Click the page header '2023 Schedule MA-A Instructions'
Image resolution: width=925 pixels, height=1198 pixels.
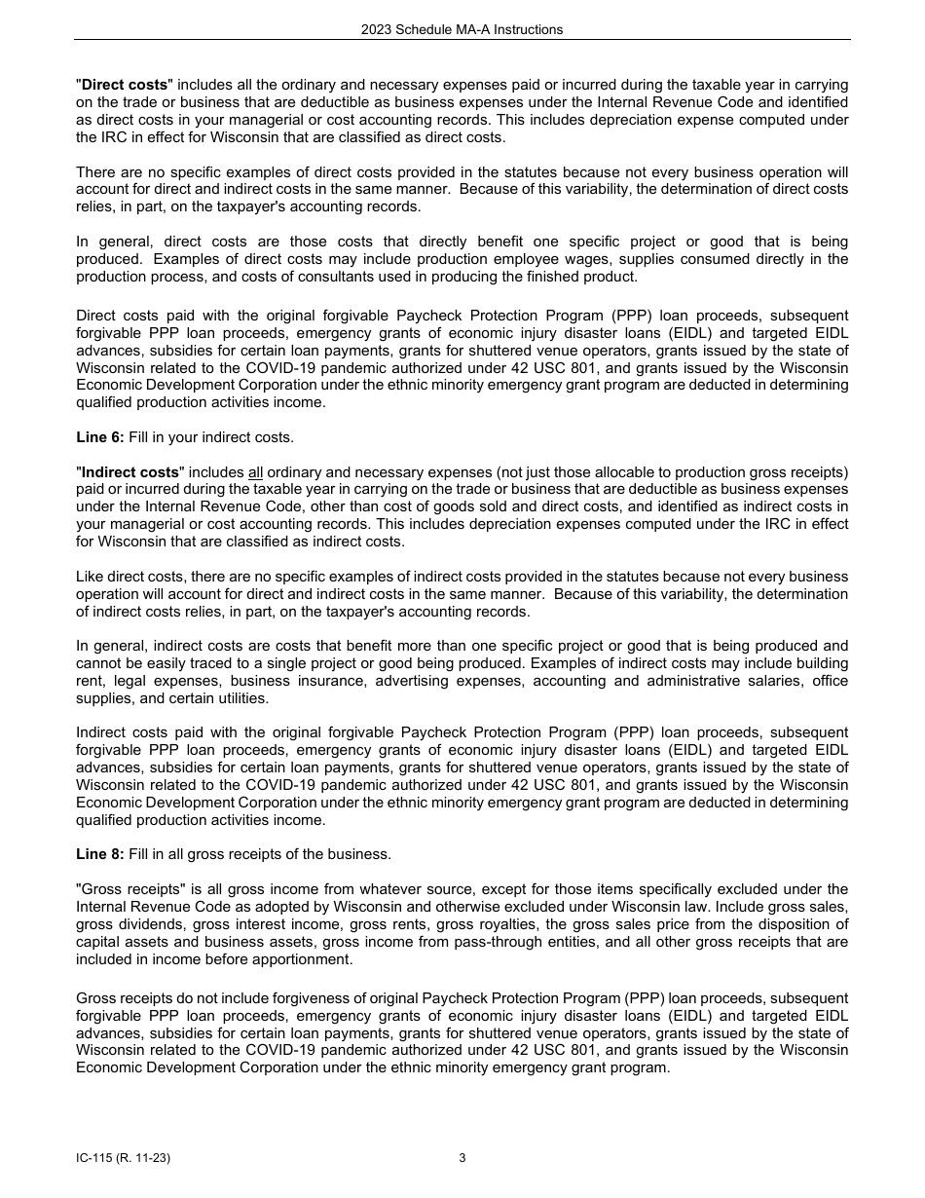(x=462, y=29)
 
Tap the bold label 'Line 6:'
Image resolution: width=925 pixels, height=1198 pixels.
(x=99, y=437)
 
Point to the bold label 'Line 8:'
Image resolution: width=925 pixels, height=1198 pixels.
(x=99, y=854)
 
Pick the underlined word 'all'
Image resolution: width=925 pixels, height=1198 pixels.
(x=256, y=472)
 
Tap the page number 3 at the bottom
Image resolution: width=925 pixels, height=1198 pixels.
(x=462, y=1158)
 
